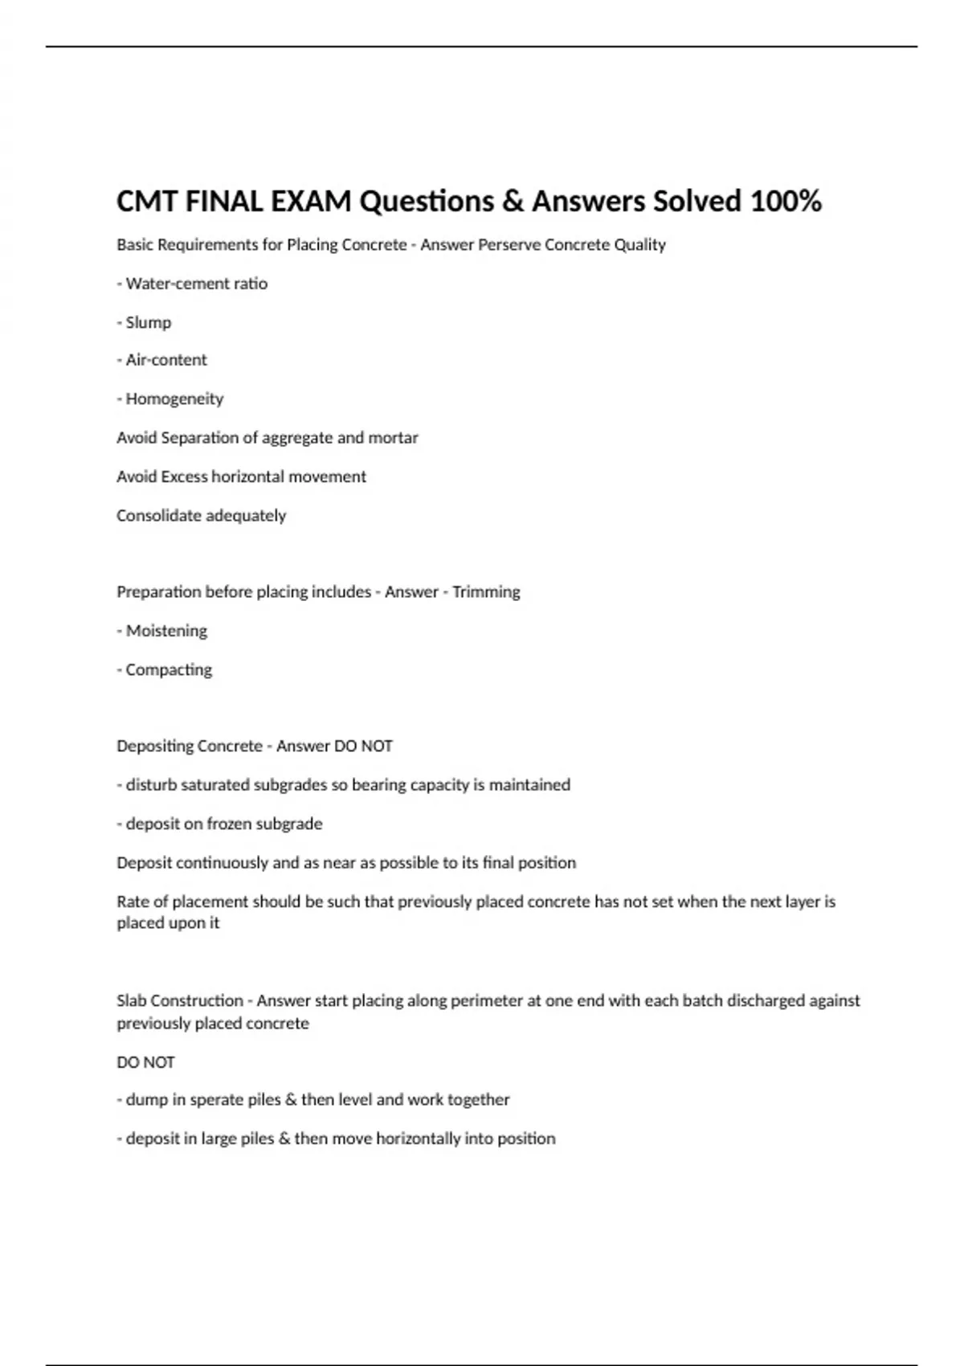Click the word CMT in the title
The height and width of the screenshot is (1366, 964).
coord(147,201)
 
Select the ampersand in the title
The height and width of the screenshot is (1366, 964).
coord(513,201)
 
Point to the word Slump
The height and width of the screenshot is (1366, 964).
coord(149,323)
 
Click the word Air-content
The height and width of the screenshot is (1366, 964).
coord(166,360)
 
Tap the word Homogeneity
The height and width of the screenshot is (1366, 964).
coord(174,399)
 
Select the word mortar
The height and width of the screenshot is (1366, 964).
coord(393,438)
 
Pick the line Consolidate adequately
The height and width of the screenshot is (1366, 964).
coord(201,516)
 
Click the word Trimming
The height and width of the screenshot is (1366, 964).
coord(486,592)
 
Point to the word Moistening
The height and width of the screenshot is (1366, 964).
coord(166,631)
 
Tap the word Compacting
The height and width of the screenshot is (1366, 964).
coord(169,670)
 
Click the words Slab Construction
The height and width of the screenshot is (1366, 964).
coord(179,1001)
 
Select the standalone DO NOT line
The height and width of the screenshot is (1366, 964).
coord(145,1062)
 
